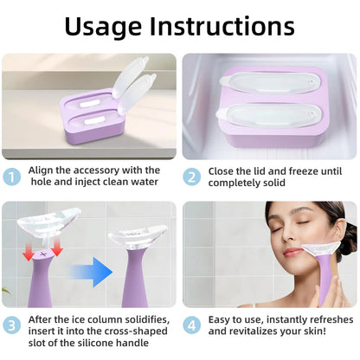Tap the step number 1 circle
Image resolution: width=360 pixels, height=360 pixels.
click(x=12, y=177)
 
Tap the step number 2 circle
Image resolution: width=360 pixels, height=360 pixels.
click(x=193, y=177)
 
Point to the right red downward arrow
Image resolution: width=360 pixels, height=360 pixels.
click(x=58, y=250)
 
